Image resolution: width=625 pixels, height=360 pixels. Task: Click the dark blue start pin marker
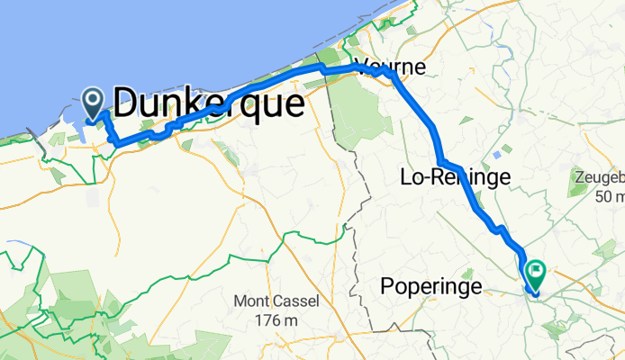(93, 103)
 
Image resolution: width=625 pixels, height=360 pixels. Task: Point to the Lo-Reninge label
(454, 177)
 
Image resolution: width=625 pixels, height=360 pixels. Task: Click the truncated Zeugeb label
(601, 178)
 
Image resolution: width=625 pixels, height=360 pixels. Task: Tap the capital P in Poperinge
(387, 286)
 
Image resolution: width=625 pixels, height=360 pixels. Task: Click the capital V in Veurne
(364, 66)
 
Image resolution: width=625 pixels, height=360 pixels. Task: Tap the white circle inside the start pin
(93, 100)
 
